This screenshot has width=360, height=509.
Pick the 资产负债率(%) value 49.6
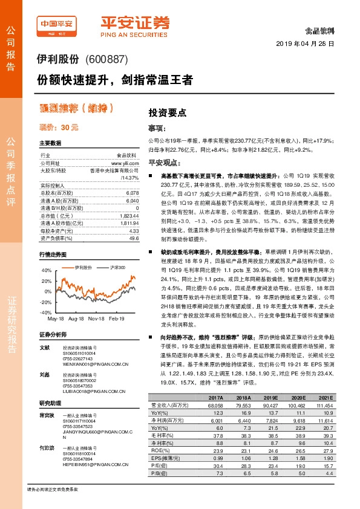pyautogui.click(x=134, y=238)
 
